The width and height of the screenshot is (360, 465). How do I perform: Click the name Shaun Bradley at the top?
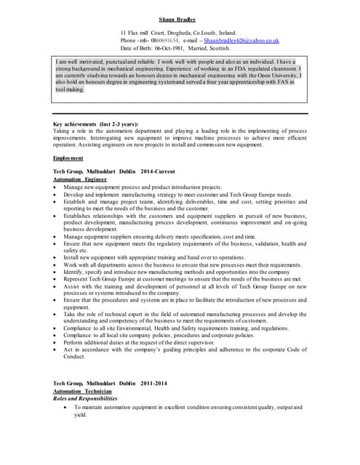[x=180, y=20]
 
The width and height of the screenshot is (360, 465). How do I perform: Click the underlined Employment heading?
[x=68, y=157]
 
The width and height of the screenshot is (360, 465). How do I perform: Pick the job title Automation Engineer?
[x=80, y=178]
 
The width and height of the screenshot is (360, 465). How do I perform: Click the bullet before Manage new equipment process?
[x=56, y=187]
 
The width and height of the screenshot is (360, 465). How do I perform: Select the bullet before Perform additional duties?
[x=56, y=341]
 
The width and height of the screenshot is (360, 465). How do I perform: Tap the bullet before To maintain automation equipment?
[x=66, y=408]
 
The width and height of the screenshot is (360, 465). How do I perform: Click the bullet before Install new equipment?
[x=56, y=257]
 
